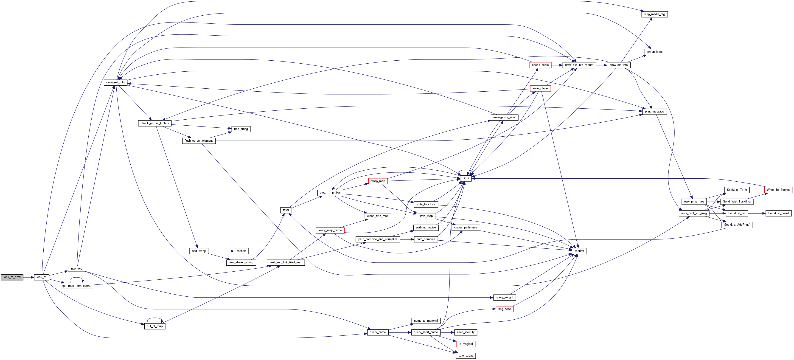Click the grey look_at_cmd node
tap(12, 277)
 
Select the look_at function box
tap(41, 277)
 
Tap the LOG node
tap(466, 178)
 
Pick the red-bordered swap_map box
tap(378, 181)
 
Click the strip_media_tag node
tap(654, 14)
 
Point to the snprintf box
tap(579, 251)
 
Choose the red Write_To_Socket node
tap(778, 190)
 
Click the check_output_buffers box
tap(154, 123)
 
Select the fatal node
tap(286, 210)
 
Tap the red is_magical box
tap(466, 344)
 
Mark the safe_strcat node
tap(466, 355)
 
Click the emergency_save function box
tap(504, 117)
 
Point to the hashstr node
tap(241, 251)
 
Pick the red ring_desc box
tap(504, 309)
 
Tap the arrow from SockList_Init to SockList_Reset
tap(757, 213)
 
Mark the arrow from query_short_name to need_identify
tap(448, 332)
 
